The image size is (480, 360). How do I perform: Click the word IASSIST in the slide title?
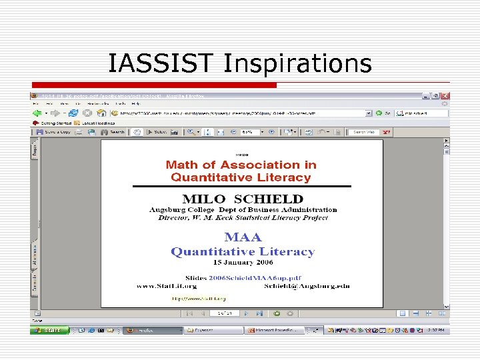[x=163, y=63]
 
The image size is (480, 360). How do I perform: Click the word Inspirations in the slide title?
[x=297, y=64]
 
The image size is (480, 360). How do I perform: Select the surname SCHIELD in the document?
[x=271, y=199]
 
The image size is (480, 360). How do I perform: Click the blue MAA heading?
[x=243, y=237]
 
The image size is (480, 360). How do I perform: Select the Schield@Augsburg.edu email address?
[x=315, y=286]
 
